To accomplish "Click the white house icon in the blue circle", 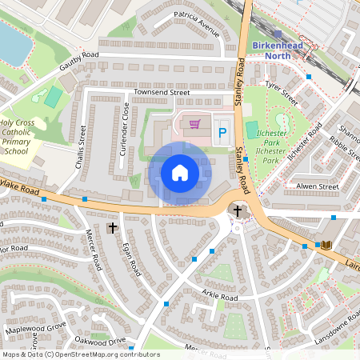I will click(180, 172).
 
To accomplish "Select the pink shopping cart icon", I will click(194, 124).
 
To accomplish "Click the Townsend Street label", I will click(162, 93).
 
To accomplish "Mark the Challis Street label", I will click(82, 147).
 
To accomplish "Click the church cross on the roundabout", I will click(238, 210).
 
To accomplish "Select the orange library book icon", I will click(326, 244).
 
